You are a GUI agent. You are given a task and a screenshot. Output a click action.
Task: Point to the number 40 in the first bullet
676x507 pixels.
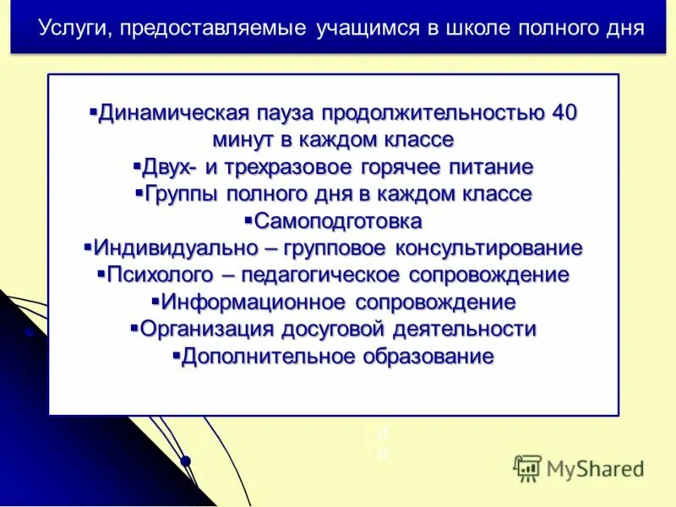point(564,113)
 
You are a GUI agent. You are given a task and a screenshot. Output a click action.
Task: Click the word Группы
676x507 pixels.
point(182,194)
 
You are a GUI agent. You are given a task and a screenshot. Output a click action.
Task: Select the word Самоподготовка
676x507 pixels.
point(338,221)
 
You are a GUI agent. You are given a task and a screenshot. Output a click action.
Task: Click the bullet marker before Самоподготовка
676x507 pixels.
point(248,221)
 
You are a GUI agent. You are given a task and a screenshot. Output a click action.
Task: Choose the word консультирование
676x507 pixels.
point(491,248)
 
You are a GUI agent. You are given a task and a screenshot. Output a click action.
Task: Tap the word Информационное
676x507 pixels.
point(253,303)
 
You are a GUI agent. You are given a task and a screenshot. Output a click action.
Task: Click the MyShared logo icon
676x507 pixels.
point(527,467)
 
